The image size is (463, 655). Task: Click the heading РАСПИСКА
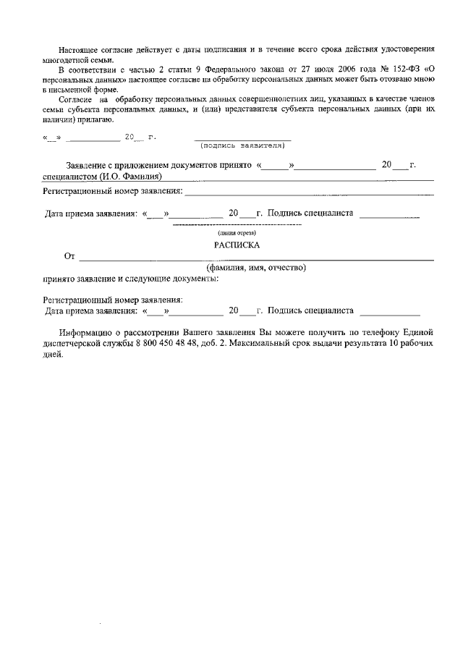point(237,245)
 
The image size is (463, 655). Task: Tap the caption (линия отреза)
point(237,233)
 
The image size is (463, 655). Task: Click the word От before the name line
point(69,256)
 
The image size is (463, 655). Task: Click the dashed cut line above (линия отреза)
point(237,226)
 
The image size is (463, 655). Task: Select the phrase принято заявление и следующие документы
point(130,279)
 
